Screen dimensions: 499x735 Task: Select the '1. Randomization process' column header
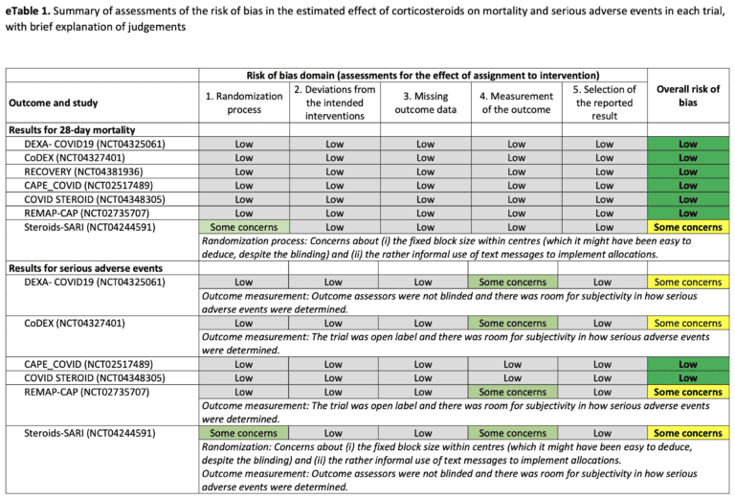tap(244, 102)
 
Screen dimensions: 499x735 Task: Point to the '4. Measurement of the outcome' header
tap(516, 102)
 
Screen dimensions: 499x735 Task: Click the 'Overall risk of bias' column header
tap(687, 96)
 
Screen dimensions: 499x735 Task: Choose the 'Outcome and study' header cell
tap(54, 102)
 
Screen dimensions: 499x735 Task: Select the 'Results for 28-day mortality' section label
tap(72, 129)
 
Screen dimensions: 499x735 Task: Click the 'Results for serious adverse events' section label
tap(85, 268)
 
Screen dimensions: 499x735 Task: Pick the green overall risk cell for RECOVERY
tap(687, 171)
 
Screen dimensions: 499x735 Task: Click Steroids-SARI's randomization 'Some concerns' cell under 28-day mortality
tap(244, 227)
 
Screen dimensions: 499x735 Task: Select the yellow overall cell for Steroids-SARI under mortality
tap(687, 227)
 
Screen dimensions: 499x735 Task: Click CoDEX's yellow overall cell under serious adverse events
tap(687, 324)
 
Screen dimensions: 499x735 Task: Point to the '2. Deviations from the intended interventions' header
tap(333, 102)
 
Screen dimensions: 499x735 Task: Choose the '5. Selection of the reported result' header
tap(604, 102)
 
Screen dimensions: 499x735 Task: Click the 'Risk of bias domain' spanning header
tap(423, 75)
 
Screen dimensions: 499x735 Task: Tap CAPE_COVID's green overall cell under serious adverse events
tap(687, 365)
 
